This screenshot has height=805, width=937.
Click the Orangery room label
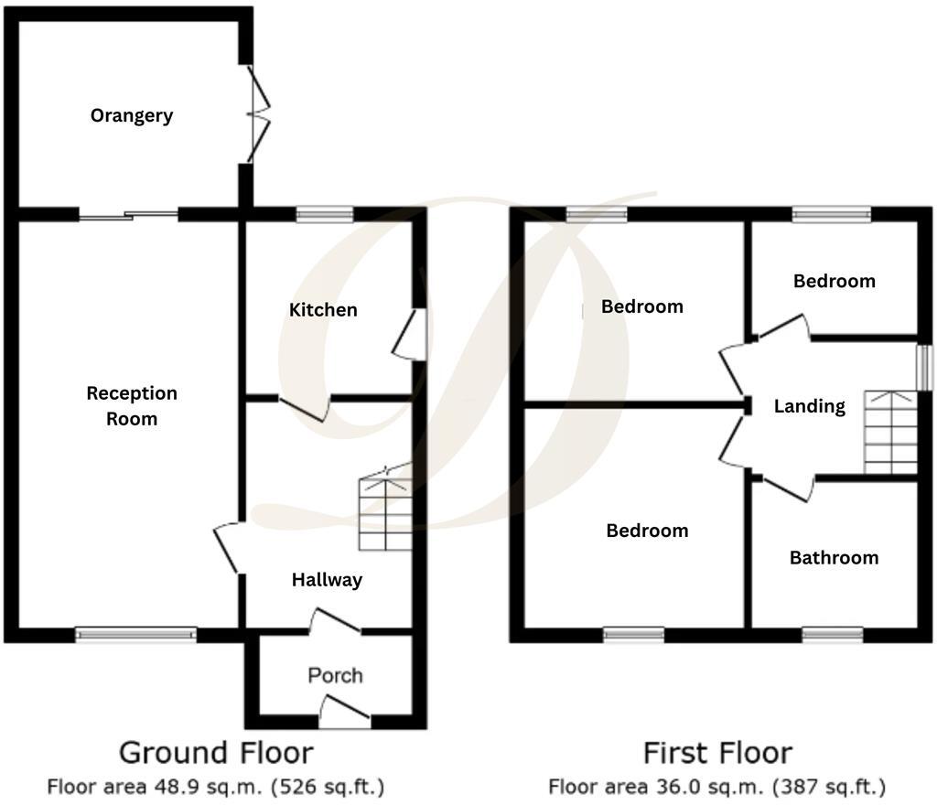click(x=132, y=116)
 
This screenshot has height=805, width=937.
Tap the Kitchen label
click(x=323, y=310)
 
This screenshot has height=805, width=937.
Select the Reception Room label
click(x=132, y=406)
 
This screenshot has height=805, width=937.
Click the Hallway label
click(x=327, y=579)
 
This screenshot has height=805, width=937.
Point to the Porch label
click(x=335, y=675)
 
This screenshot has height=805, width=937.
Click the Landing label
click(x=809, y=406)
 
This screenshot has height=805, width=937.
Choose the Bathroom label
click(x=834, y=557)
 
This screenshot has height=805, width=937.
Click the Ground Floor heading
click(x=216, y=753)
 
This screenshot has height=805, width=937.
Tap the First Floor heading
click(x=716, y=753)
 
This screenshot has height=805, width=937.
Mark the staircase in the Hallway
click(x=385, y=512)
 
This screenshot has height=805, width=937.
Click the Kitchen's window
click(x=325, y=214)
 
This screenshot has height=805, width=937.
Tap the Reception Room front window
click(x=135, y=634)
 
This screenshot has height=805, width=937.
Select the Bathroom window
click(x=833, y=634)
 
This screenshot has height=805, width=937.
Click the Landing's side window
click(x=924, y=367)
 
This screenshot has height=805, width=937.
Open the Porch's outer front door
click(x=346, y=714)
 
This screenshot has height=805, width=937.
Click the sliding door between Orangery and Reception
click(x=128, y=215)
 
